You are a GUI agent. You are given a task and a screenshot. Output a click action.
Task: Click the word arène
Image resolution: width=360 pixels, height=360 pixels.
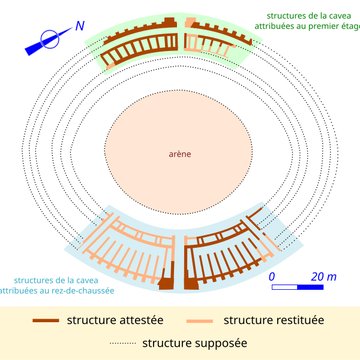coord(181,153)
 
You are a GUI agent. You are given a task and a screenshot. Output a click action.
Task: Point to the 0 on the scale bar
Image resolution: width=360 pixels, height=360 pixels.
coord(271,274)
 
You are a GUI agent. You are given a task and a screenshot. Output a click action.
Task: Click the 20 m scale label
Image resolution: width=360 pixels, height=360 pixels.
coord(323,274)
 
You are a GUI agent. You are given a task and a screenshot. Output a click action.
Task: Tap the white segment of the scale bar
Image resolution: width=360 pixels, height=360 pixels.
coord(284,288)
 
